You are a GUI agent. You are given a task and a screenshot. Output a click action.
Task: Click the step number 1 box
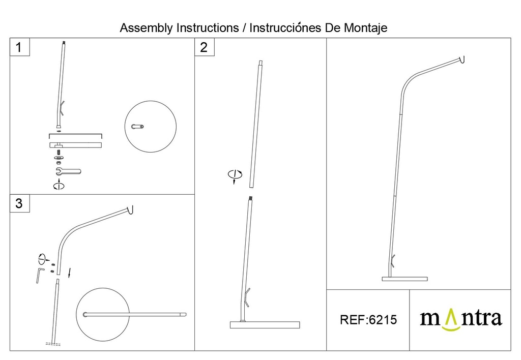tap(19, 48)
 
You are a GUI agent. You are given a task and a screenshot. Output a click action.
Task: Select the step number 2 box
tap(204, 48)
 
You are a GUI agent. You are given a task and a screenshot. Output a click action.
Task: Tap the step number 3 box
tap(19, 204)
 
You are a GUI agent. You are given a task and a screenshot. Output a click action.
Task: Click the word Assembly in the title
tap(146, 27)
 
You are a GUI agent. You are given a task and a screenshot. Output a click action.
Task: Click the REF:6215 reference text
tap(367, 320)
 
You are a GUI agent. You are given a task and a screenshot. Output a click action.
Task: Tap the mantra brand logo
tap(460, 320)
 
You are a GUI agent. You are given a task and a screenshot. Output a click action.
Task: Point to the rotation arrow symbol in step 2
tap(235, 175)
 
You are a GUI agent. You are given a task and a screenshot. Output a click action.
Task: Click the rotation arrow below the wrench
tap(59, 185)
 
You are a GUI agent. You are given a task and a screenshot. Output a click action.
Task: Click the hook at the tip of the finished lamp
tap(462, 61)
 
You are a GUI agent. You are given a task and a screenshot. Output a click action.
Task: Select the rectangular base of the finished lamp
tap(405, 279)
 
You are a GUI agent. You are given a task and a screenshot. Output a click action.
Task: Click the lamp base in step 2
tap(265, 325)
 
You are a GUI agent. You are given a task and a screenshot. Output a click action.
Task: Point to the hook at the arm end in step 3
tap(131, 209)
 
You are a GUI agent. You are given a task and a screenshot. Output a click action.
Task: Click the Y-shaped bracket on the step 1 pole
tap(61, 108)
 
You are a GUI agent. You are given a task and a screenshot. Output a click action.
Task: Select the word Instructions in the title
tap(207, 27)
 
